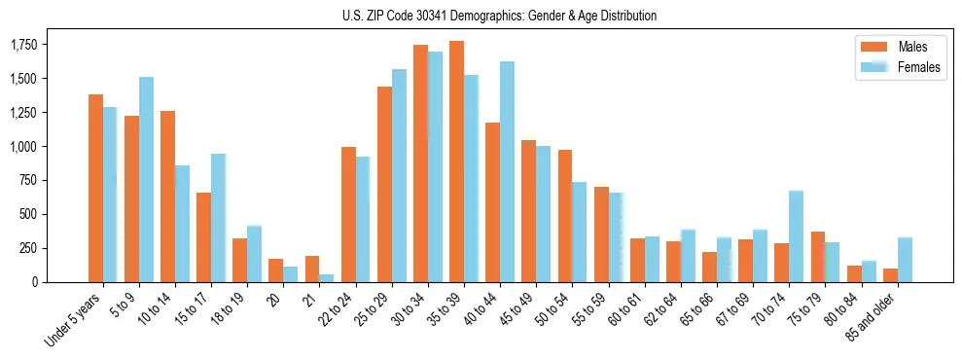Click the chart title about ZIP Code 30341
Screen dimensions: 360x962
499,16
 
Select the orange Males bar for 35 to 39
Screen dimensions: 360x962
456,162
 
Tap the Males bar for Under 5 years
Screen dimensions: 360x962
95,188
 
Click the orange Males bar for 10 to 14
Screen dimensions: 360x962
167,197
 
